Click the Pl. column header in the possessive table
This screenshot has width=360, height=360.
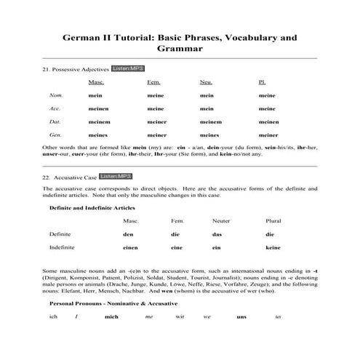[x=262, y=82]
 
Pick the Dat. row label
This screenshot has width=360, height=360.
[x=55, y=121]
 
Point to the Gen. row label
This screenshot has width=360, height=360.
[x=55, y=135]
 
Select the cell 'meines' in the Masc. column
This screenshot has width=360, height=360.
[x=97, y=135]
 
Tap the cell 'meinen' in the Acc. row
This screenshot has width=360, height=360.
[x=97, y=108]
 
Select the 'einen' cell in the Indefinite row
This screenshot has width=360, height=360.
[x=130, y=248]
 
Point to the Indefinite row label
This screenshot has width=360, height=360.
[x=63, y=248]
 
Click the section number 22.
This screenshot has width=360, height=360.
[x=47, y=177]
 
